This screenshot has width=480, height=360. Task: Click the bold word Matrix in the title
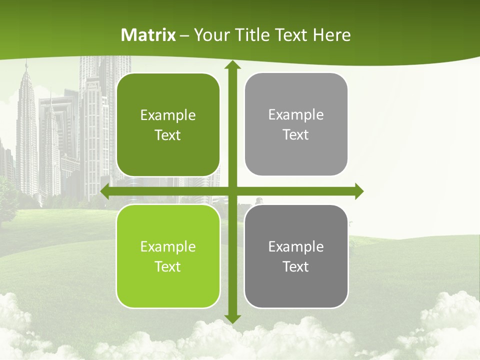click(x=148, y=35)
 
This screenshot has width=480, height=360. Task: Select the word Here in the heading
click(x=332, y=35)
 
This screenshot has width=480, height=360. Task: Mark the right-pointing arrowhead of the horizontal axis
click(x=358, y=191)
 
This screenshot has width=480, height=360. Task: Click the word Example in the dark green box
click(x=168, y=115)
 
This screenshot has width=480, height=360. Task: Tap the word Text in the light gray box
click(x=296, y=135)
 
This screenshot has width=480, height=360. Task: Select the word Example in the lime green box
click(x=168, y=247)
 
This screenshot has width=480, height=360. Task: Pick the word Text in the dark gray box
click(x=296, y=266)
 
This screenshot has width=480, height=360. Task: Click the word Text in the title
click(x=290, y=35)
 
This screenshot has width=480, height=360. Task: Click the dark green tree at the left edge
click(x=6, y=200)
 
